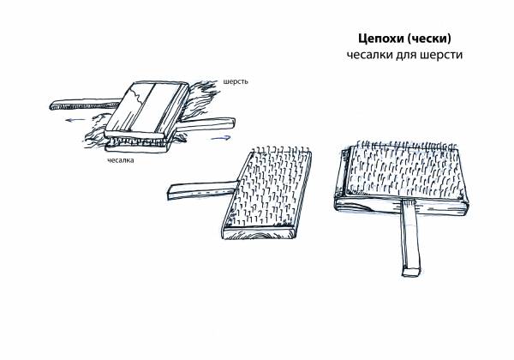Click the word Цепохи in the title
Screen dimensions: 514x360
tap(380, 39)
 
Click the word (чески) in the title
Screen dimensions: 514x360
tap(429, 39)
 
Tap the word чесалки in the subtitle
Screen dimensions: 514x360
tap(369, 55)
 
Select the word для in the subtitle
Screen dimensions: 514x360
tap(406, 55)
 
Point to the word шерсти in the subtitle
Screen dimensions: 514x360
tap(441, 55)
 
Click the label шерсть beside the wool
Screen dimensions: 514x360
tap(236, 81)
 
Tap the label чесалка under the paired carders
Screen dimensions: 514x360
tap(121, 160)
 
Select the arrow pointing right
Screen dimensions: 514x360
tap(221, 138)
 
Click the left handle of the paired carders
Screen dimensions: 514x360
tap(85, 104)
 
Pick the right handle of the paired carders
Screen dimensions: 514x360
tap(206, 124)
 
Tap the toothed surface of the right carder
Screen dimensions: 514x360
tap(406, 171)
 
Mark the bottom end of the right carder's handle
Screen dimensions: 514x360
tap(411, 272)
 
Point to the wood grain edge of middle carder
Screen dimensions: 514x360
tap(259, 234)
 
